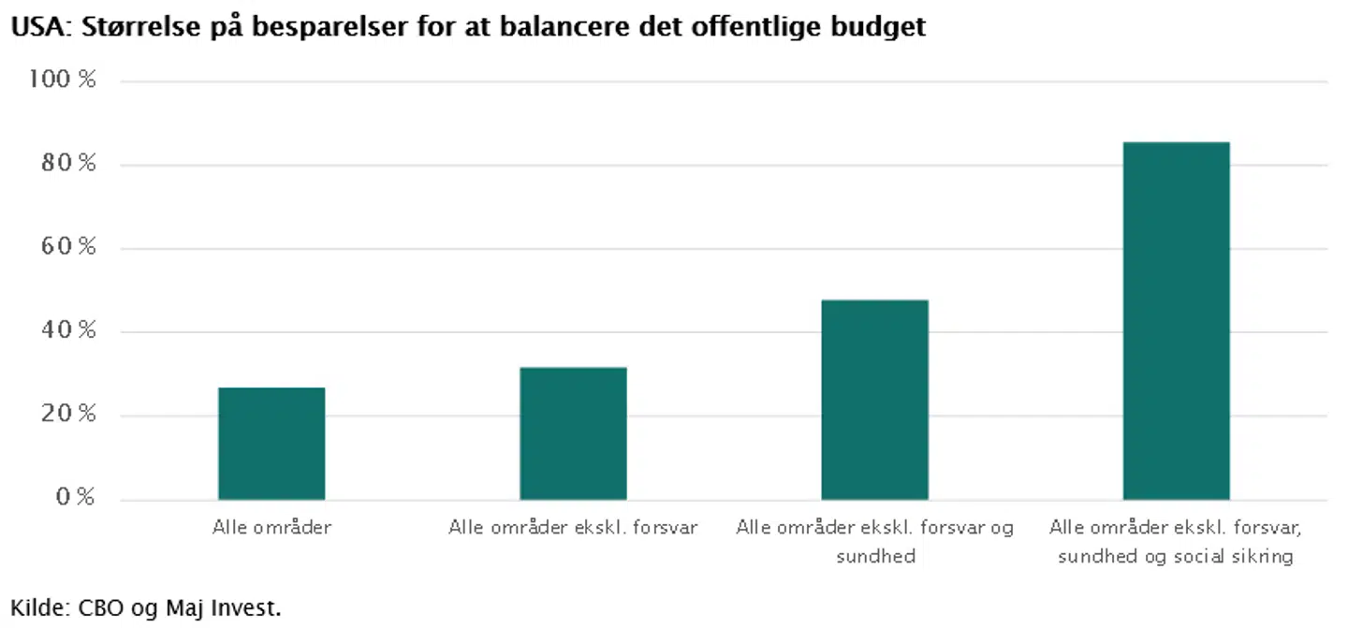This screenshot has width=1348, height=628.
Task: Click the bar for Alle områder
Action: click(x=271, y=443)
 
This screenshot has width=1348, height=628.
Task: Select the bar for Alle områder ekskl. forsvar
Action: click(x=573, y=432)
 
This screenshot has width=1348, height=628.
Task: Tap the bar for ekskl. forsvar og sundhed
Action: click(x=874, y=399)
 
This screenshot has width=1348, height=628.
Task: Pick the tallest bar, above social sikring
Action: click(x=1176, y=320)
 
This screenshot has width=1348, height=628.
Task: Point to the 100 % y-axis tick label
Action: click(x=64, y=80)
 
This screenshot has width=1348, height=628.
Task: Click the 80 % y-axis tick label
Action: click(x=70, y=165)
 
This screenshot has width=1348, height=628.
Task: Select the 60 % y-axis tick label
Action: click(x=70, y=248)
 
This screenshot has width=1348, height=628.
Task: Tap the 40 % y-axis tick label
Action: click(x=70, y=331)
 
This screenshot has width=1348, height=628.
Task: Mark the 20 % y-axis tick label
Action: click(x=70, y=415)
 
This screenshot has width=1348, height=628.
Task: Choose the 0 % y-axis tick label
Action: click(x=75, y=498)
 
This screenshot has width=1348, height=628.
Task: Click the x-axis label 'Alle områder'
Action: click(x=271, y=528)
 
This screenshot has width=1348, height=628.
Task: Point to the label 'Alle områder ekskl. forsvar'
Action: click(x=573, y=528)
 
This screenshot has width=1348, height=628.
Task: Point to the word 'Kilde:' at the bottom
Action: click(x=38, y=607)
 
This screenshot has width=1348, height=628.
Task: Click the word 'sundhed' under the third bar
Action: click(x=874, y=557)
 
